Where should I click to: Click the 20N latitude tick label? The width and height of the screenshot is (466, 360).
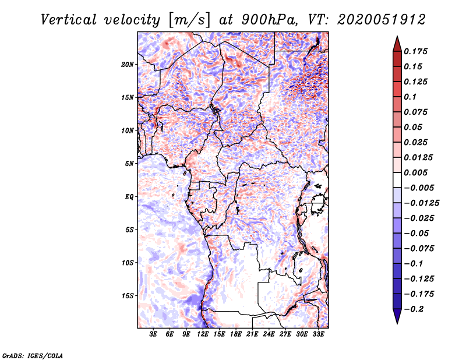pos(128,64)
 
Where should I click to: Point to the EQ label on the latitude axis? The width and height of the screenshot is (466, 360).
pos(129,197)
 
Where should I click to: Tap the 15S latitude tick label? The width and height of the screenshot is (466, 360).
pos(128,296)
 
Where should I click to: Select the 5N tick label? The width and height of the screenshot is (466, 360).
pos(129,164)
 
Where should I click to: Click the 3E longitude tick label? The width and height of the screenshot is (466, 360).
pos(154,334)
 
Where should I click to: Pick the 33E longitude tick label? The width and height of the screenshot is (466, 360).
pos(319,334)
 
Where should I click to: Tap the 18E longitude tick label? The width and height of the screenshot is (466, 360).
pos(236,334)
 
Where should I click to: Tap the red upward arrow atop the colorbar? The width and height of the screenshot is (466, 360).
pos(397,43)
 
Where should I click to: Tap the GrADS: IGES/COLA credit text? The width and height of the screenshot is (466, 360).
pos(33,355)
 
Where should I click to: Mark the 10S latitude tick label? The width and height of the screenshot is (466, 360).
pos(128,263)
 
